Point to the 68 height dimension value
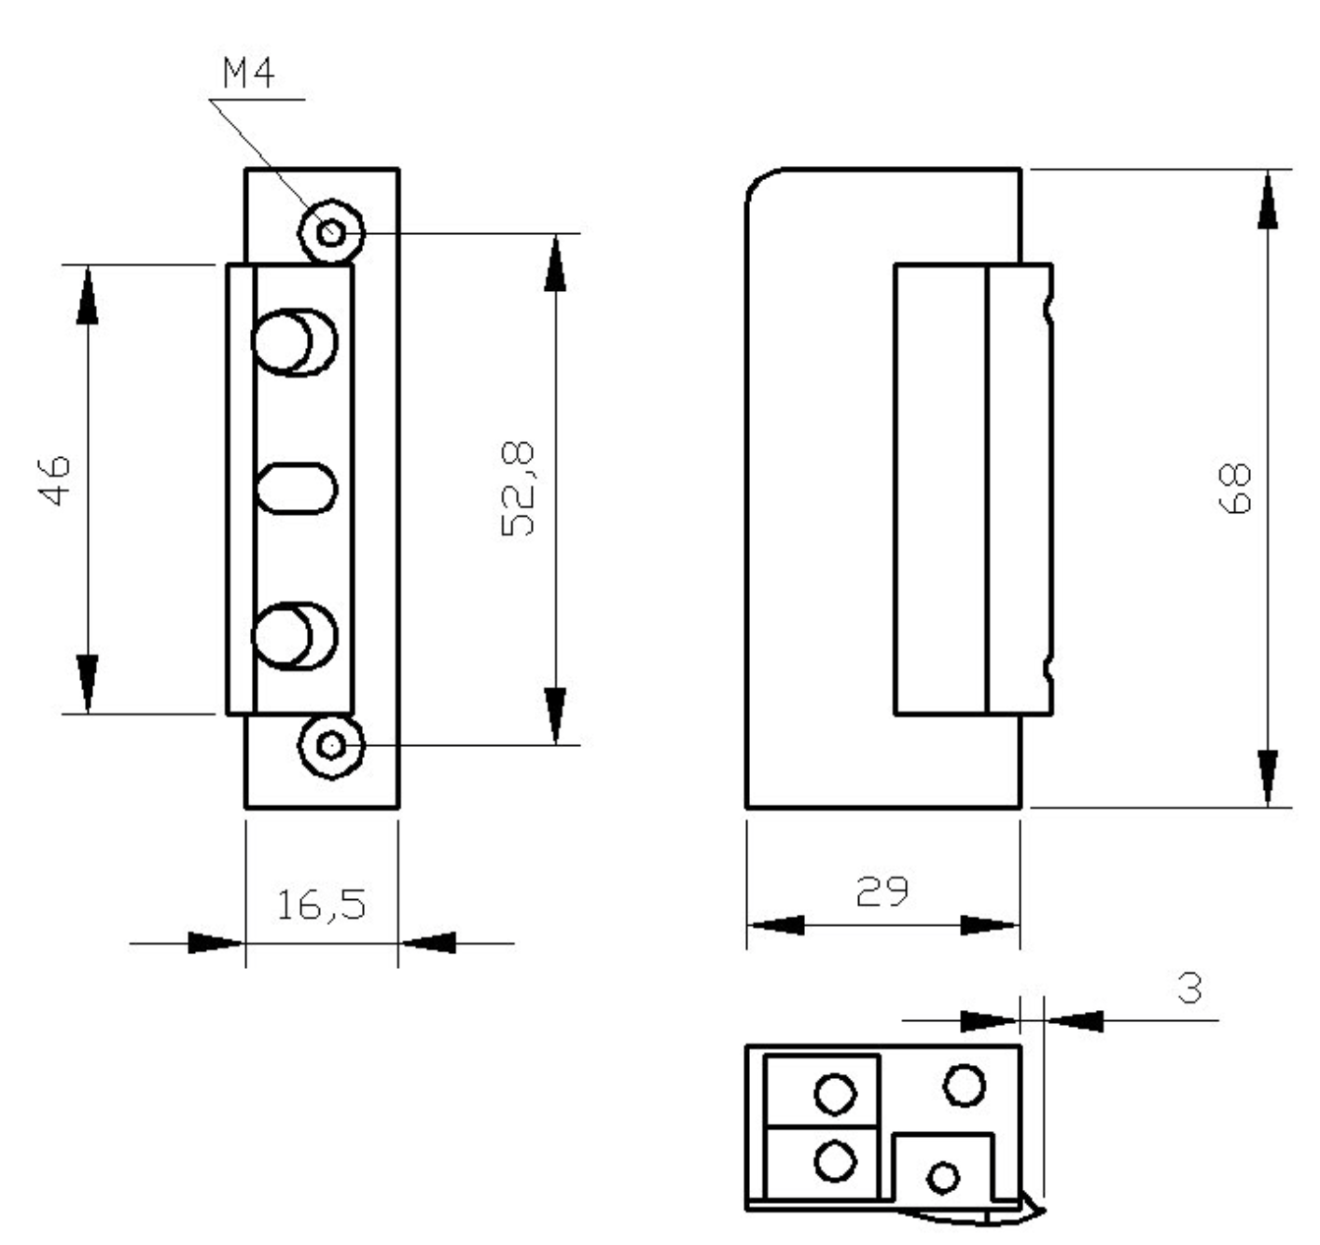coord(1235,489)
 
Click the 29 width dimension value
coord(882,892)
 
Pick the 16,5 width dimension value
coord(321,905)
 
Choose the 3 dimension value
coord(1189,988)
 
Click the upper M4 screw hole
coord(331,230)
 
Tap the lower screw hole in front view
coord(331,744)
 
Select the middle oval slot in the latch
coord(297,488)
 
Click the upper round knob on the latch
coord(282,341)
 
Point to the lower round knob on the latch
coord(282,636)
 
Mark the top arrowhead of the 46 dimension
coord(87,294)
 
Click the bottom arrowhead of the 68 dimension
coord(1267,776)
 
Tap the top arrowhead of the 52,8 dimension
coord(555,263)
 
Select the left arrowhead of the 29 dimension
coord(776,925)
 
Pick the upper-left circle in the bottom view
coord(834,1093)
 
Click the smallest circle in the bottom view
coord(943,1176)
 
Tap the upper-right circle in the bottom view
coord(964,1084)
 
